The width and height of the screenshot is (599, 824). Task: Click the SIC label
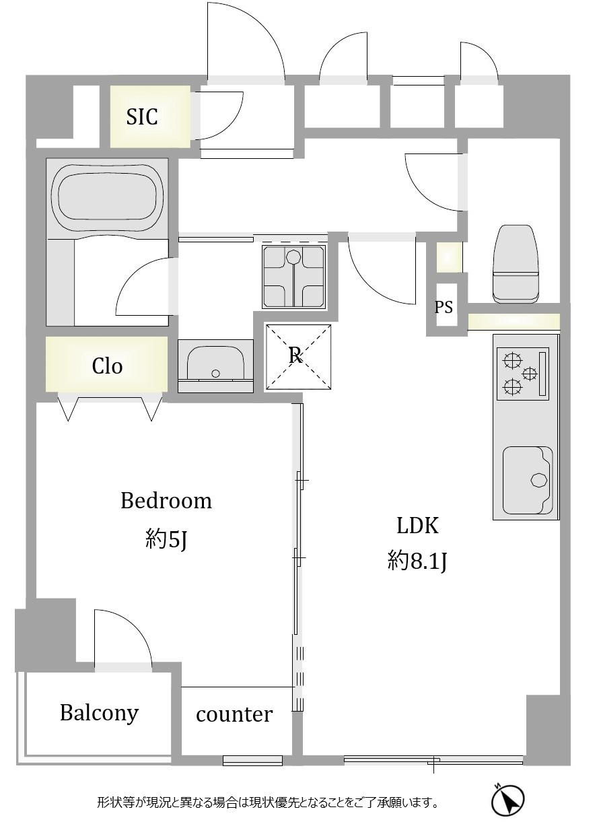click(142, 117)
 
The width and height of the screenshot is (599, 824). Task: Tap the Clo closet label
click(107, 366)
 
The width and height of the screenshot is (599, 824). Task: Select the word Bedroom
click(166, 501)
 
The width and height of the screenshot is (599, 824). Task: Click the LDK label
click(417, 525)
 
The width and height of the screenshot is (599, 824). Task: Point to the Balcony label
click(100, 712)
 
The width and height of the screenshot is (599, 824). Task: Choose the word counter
click(234, 714)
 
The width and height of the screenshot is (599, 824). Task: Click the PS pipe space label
click(444, 307)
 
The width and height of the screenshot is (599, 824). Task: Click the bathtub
click(107, 199)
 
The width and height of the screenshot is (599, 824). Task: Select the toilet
click(517, 263)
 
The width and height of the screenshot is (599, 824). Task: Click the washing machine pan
click(294, 276)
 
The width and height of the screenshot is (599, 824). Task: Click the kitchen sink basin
click(527, 480)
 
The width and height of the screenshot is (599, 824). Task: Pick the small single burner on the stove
click(530, 374)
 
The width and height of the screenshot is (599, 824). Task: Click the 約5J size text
click(166, 540)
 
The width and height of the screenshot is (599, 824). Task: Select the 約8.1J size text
click(417, 561)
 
